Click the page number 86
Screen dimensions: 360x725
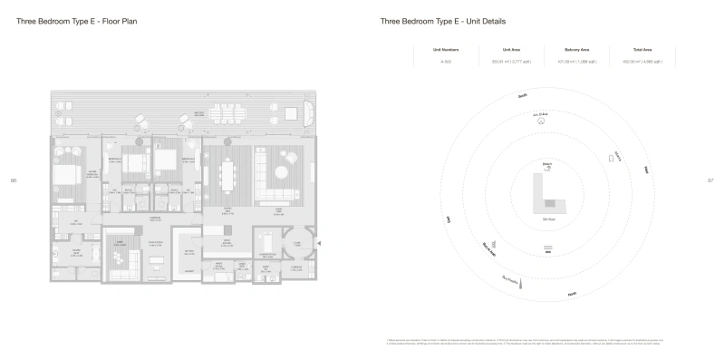click(14, 180)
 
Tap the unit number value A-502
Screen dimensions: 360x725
click(445, 62)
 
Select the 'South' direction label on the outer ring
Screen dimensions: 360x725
click(522, 94)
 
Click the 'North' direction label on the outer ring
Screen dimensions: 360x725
click(572, 294)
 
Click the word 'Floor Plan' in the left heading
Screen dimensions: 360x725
click(121, 21)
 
